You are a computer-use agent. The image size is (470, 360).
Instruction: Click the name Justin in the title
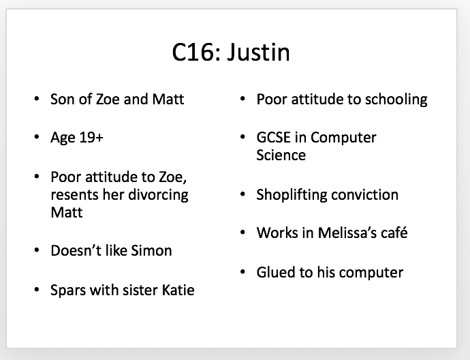coord(258,52)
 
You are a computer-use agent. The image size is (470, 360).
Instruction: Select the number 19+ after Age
coord(91,138)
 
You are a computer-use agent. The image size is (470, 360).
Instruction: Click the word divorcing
coord(158,196)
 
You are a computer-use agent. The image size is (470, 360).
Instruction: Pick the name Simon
coord(151,250)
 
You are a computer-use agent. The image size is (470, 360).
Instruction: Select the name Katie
coord(178,290)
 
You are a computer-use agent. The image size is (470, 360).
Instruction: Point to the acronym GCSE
coord(273,138)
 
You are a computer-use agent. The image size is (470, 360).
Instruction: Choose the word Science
coord(281,155)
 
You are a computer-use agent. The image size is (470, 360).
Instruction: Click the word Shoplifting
coord(292,196)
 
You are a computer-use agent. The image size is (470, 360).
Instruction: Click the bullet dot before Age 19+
coord(37,138)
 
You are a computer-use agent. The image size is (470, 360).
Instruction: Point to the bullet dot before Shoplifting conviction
coord(242,195)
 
